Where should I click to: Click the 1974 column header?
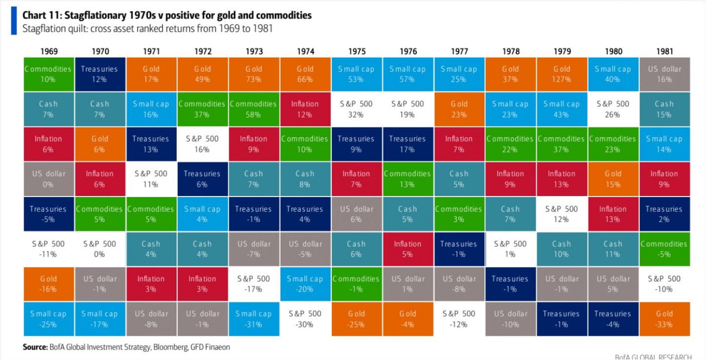(305, 51)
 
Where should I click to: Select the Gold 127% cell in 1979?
(562, 74)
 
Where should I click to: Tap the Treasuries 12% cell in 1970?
(99, 74)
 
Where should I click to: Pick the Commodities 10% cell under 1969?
(48, 74)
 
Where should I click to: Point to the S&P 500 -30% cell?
(305, 319)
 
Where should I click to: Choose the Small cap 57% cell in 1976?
(408, 74)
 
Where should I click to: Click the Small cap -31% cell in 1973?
(254, 319)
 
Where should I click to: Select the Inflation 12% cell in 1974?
(305, 109)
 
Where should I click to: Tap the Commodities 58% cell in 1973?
(254, 109)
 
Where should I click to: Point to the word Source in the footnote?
(35, 347)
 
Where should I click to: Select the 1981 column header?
(665, 51)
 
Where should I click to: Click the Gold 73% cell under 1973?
(254, 74)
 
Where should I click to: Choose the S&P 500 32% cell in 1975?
(356, 109)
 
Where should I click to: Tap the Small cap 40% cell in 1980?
(613, 74)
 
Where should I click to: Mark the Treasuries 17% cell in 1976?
(408, 144)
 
